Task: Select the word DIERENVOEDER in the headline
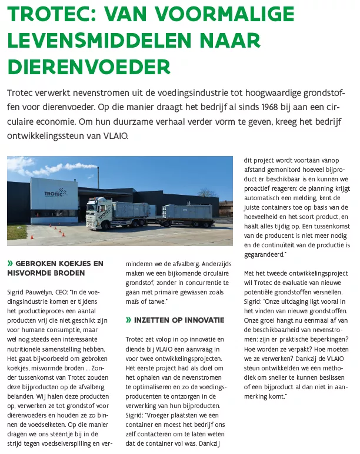(x=88, y=64)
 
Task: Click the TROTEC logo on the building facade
(x=54, y=192)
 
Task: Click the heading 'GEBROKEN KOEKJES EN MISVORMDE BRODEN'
(x=56, y=267)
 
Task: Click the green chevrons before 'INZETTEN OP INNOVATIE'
(x=128, y=320)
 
